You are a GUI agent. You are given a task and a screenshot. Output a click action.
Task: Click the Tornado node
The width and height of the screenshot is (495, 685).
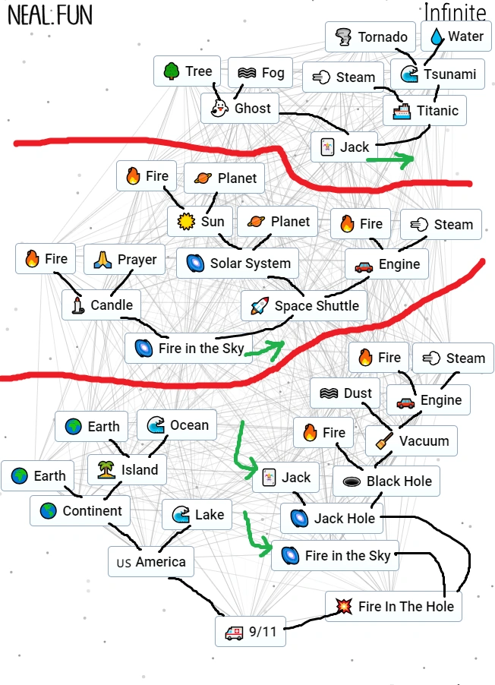370,37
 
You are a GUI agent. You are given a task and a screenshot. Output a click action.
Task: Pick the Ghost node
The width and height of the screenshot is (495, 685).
241,109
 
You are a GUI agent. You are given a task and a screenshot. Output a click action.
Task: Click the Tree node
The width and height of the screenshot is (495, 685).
188,71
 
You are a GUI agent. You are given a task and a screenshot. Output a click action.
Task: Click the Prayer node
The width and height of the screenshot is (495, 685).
125,260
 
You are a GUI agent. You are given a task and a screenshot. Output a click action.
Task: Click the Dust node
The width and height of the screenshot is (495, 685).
345,393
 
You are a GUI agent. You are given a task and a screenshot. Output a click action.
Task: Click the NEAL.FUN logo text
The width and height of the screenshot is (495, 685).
49,17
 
